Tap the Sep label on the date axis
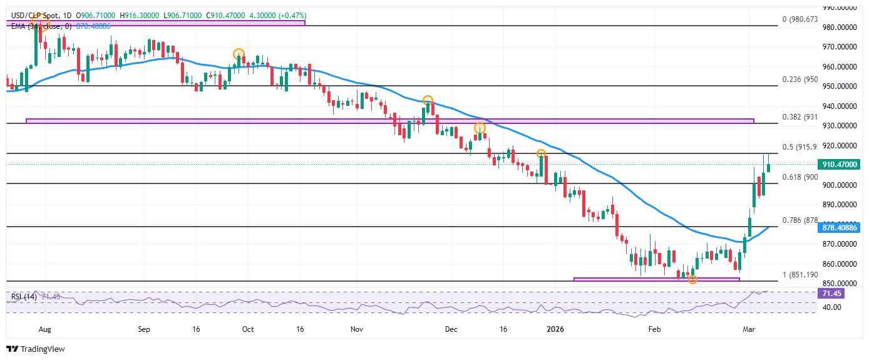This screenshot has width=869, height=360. [144, 328]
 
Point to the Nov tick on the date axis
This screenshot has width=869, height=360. [357, 328]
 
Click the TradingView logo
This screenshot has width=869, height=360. [36, 349]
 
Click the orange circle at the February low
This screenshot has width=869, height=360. [692, 279]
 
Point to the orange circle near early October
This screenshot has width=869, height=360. [239, 54]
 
